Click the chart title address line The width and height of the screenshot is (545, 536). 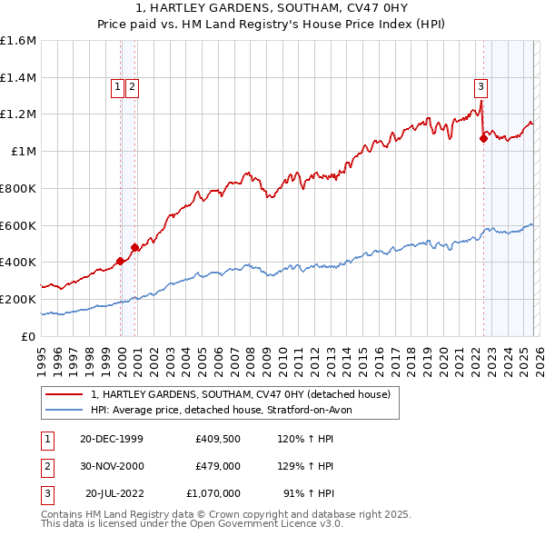coord(272,8)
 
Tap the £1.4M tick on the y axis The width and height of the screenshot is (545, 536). coord(18,78)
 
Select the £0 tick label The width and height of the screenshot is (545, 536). coord(28,336)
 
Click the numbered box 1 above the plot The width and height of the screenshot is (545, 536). coord(118,87)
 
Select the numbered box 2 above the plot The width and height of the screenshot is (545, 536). coord(132,87)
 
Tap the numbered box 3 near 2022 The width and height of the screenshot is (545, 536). coord(480,87)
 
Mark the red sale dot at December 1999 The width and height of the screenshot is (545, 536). coord(121,261)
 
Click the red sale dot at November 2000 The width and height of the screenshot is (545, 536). coord(135,247)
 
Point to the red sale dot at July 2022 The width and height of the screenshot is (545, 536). coord(483,139)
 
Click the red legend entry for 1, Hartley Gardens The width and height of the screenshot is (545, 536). coord(241,394)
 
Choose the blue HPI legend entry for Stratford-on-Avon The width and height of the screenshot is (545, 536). coord(227,410)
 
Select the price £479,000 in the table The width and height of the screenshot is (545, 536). coord(217,465)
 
